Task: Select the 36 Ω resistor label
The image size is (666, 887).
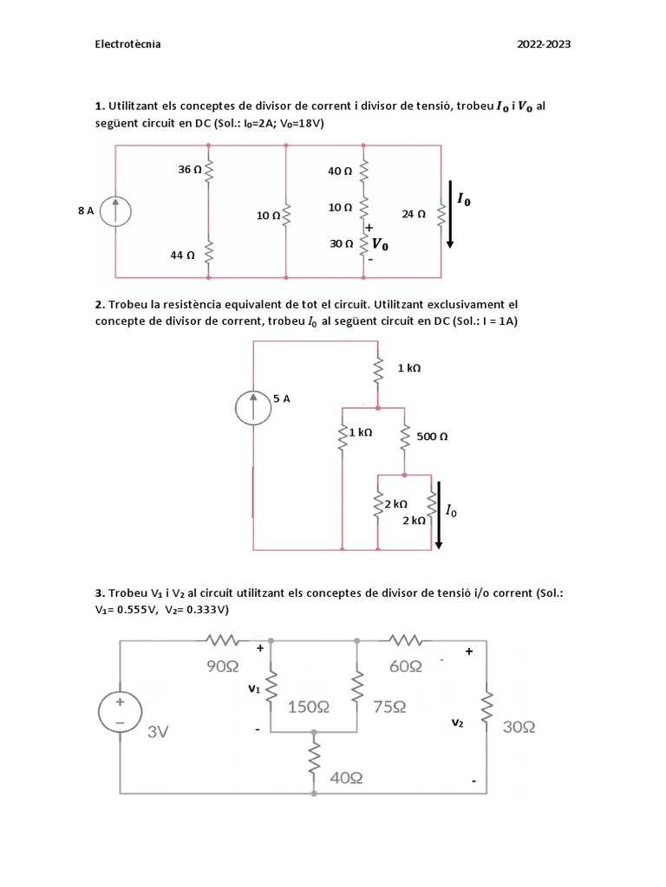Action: tap(190, 170)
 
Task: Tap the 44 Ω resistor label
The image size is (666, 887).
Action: tap(183, 255)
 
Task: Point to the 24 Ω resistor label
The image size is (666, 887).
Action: tap(414, 213)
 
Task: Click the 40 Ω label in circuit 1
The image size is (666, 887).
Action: tap(340, 172)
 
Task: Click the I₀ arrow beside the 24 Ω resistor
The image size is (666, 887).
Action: tap(450, 212)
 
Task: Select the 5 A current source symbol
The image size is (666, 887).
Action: tap(253, 407)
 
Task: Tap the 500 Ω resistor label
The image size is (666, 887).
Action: tap(432, 437)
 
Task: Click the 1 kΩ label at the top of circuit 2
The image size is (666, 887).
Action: tap(409, 368)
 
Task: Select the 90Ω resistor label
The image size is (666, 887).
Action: tap(222, 666)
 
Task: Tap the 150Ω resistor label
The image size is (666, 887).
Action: tap(309, 707)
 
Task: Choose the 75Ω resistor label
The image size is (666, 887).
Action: tap(389, 707)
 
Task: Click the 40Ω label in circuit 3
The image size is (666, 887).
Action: tap(346, 779)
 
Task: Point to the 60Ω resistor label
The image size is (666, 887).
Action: tap(405, 666)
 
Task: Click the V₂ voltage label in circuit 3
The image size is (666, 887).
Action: tap(457, 722)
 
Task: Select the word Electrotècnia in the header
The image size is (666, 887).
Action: tap(127, 44)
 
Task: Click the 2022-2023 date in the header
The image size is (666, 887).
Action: tap(544, 44)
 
